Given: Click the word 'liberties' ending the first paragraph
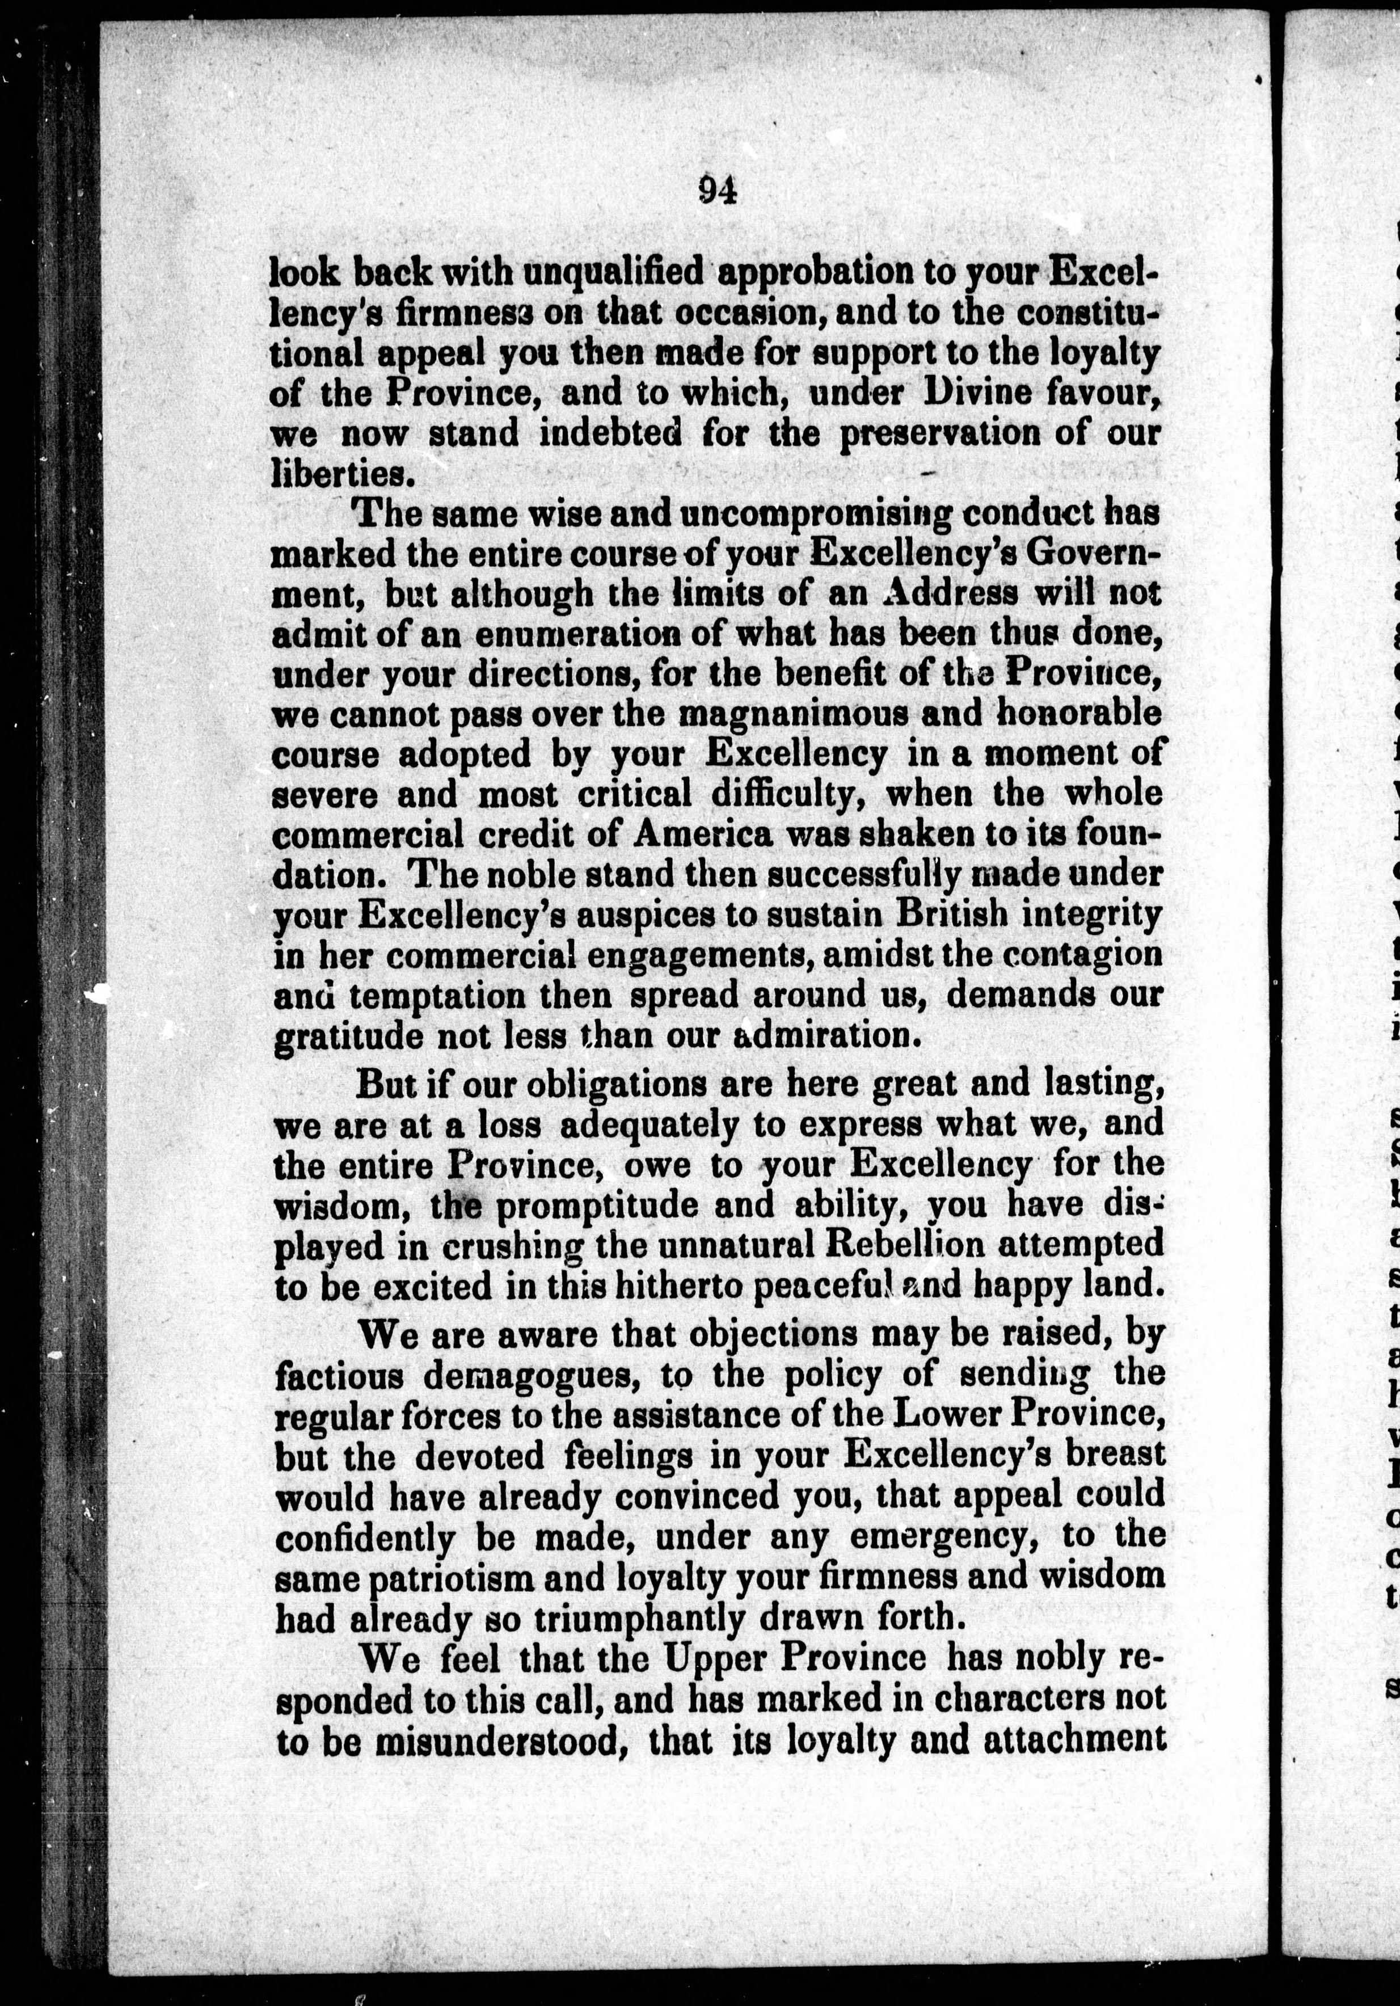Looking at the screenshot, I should (338, 474).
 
